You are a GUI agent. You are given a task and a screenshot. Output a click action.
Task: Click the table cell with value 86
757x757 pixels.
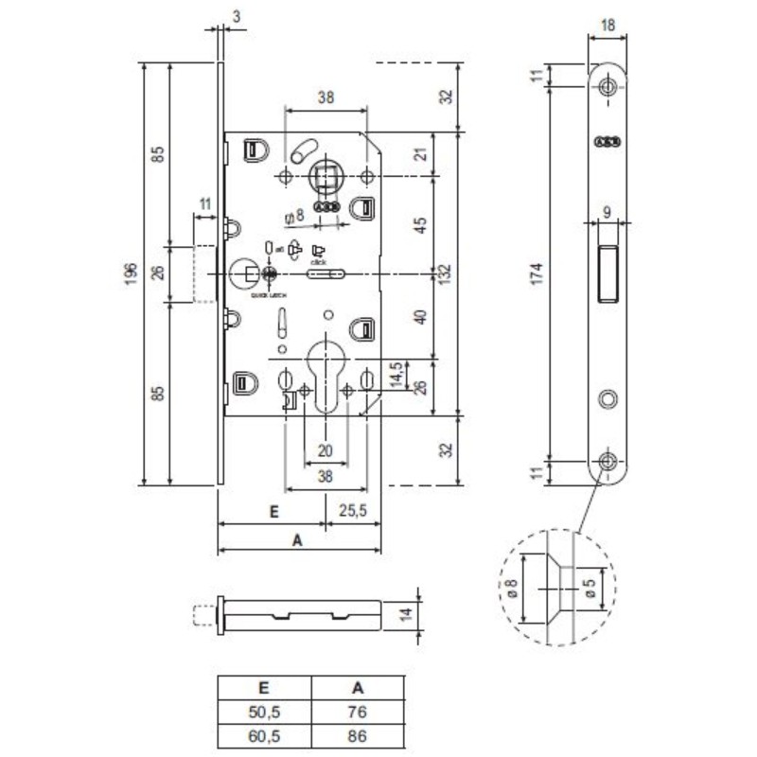click(x=357, y=733)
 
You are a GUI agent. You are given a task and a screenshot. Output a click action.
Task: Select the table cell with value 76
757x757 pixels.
click(x=357, y=712)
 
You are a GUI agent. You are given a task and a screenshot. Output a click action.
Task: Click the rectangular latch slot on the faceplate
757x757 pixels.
click(x=607, y=273)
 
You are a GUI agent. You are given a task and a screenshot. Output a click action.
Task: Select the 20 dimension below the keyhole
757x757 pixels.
click(x=326, y=450)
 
